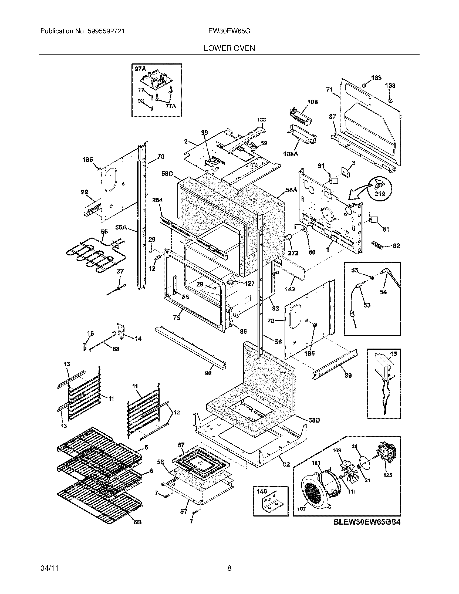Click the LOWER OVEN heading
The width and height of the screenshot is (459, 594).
tap(229, 48)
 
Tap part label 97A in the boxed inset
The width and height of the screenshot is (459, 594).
tap(140, 69)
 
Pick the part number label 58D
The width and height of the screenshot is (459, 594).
tap(167, 174)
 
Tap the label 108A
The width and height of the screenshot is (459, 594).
tap(291, 154)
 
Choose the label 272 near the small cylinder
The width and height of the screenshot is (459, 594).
tap(293, 253)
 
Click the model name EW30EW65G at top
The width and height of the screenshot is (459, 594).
tap(229, 31)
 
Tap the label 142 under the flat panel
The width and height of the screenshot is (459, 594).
tap(290, 289)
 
